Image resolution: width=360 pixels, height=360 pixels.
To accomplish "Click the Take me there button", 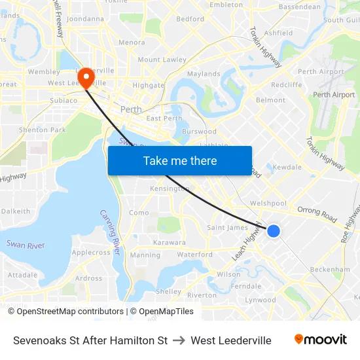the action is [180, 160].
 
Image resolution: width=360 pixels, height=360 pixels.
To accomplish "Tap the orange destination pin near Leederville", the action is [85, 79].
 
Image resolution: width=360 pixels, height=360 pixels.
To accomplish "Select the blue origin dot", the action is [274, 230].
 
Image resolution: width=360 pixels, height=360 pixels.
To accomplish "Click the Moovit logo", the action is [321, 340].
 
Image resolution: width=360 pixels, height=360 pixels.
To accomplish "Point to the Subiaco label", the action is [63, 101].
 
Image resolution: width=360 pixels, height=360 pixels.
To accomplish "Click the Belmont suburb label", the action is [270, 100].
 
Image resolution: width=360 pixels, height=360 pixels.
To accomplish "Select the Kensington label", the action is [170, 189].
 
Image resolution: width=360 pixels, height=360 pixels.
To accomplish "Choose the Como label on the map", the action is [139, 213].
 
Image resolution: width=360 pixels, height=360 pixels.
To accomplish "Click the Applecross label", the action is [91, 252].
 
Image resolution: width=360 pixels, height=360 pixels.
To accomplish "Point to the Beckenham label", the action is [330, 269].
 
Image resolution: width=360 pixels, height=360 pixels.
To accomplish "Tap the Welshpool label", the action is [264, 203].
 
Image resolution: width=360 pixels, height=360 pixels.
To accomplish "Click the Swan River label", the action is [26, 244].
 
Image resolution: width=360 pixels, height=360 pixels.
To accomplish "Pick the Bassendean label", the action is [300, 7].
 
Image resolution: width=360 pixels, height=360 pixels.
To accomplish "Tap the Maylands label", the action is [204, 74].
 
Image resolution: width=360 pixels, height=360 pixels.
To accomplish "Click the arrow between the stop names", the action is [179, 340].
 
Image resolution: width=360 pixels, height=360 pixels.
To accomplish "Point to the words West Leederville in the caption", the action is [230, 340].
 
